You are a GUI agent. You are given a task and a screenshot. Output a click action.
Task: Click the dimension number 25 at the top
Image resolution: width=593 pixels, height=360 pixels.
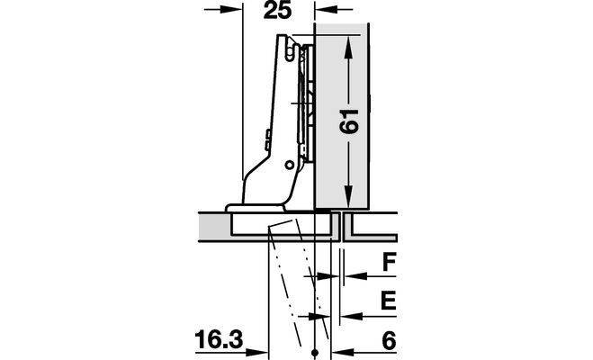277,10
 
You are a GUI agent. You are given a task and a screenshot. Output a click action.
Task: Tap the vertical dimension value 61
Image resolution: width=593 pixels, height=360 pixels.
348,121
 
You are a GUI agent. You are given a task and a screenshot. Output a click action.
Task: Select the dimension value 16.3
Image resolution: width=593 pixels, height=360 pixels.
219,339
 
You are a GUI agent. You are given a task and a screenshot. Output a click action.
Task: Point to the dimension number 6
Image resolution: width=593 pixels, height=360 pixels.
389,340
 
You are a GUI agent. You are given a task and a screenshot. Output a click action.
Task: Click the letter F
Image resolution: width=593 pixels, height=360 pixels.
389,263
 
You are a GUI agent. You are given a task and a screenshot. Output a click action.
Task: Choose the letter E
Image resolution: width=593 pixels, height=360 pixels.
388,301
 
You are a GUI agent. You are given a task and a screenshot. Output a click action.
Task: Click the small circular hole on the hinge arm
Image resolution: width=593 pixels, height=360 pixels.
290,165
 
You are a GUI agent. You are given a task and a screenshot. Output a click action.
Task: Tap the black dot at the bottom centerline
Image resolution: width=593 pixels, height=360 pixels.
315,353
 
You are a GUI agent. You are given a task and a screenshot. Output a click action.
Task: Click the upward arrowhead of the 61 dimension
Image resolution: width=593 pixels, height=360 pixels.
348,48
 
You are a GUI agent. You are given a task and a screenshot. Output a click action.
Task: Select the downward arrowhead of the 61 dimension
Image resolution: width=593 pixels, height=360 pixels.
348,196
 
